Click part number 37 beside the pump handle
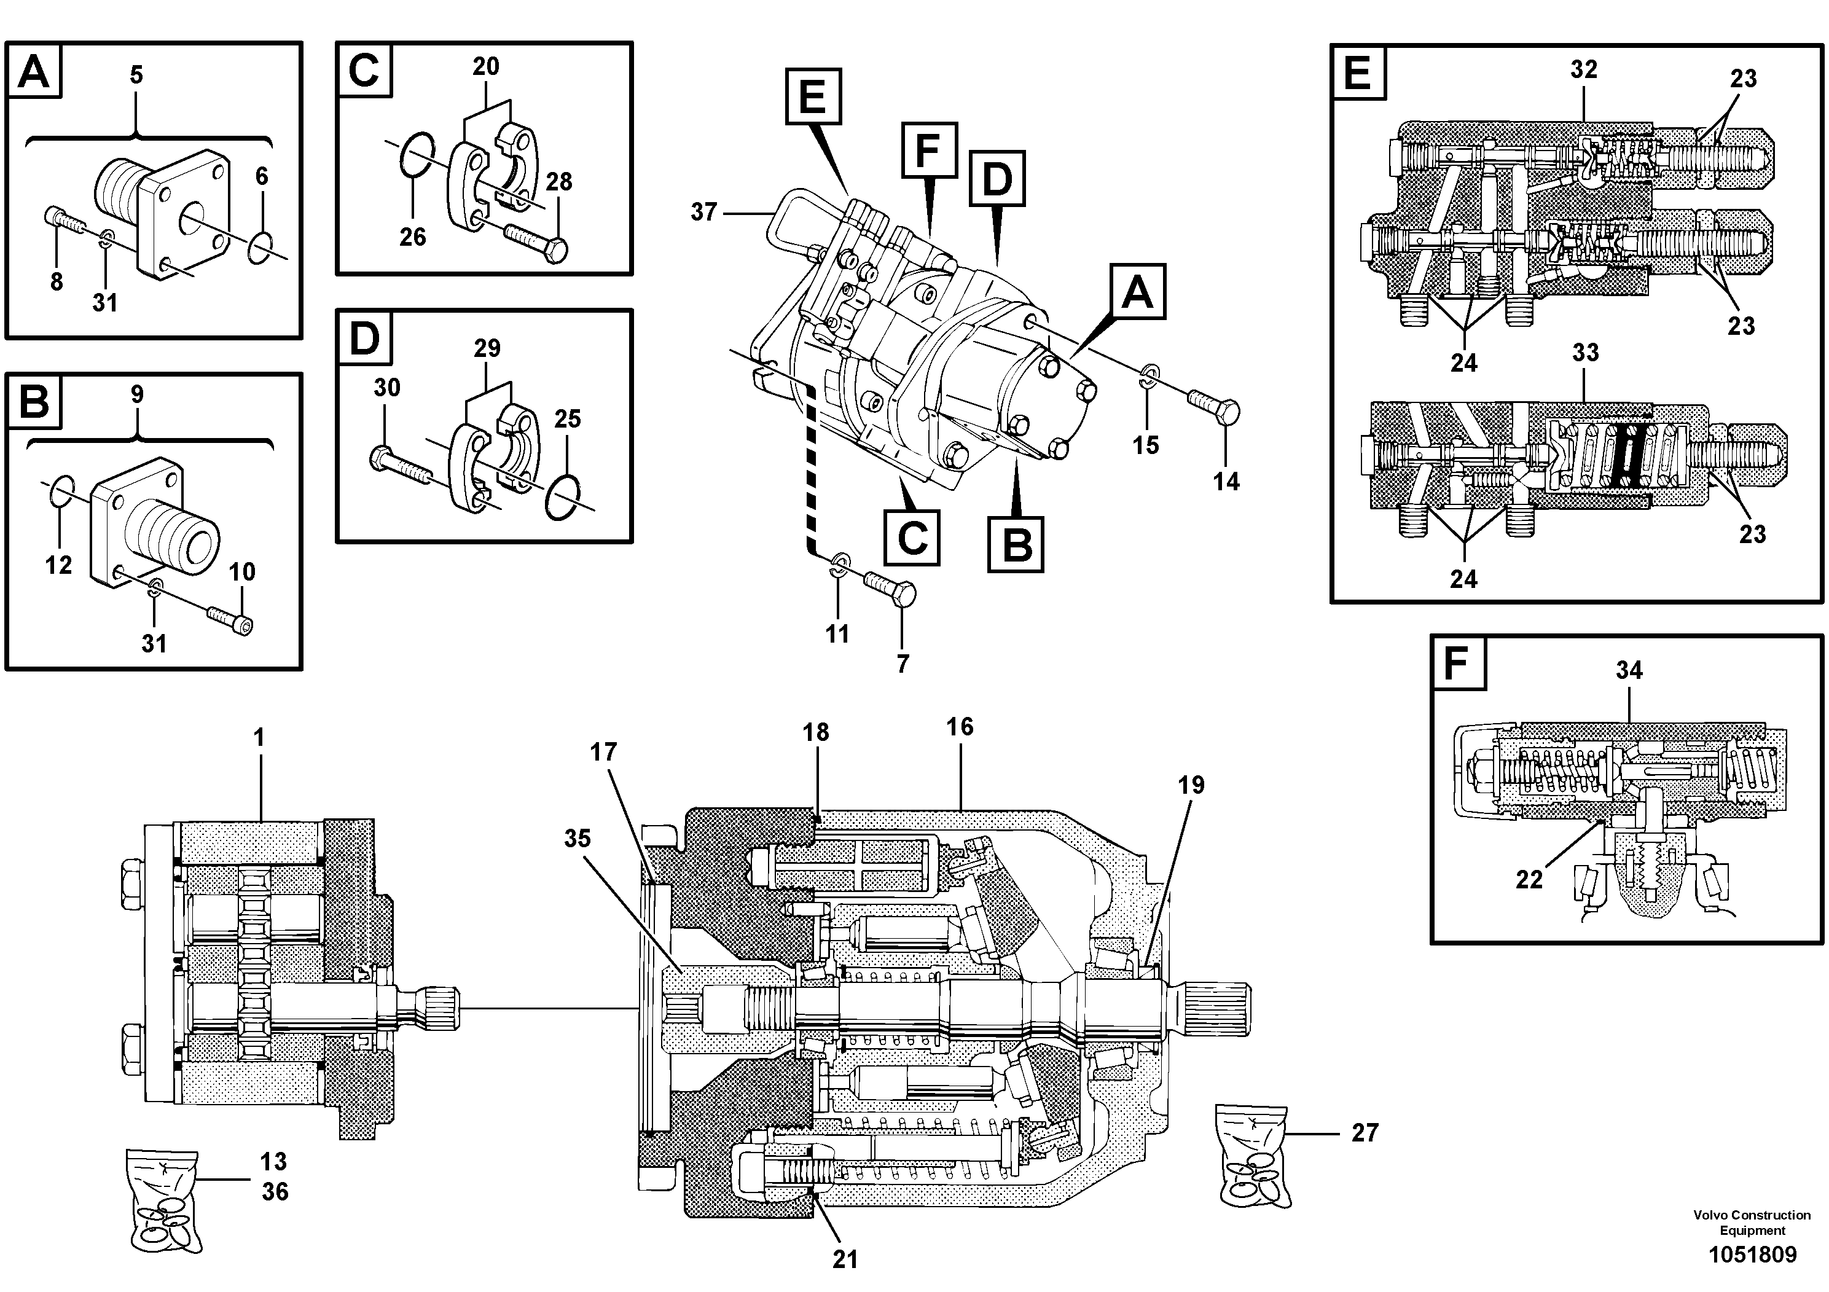pos(703,212)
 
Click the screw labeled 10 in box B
pos(230,621)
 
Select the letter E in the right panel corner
pos(1358,73)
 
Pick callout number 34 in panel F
pos(1629,670)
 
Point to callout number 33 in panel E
pos(1585,352)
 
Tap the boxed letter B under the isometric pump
pos(1016,545)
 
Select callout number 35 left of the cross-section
pos(578,838)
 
